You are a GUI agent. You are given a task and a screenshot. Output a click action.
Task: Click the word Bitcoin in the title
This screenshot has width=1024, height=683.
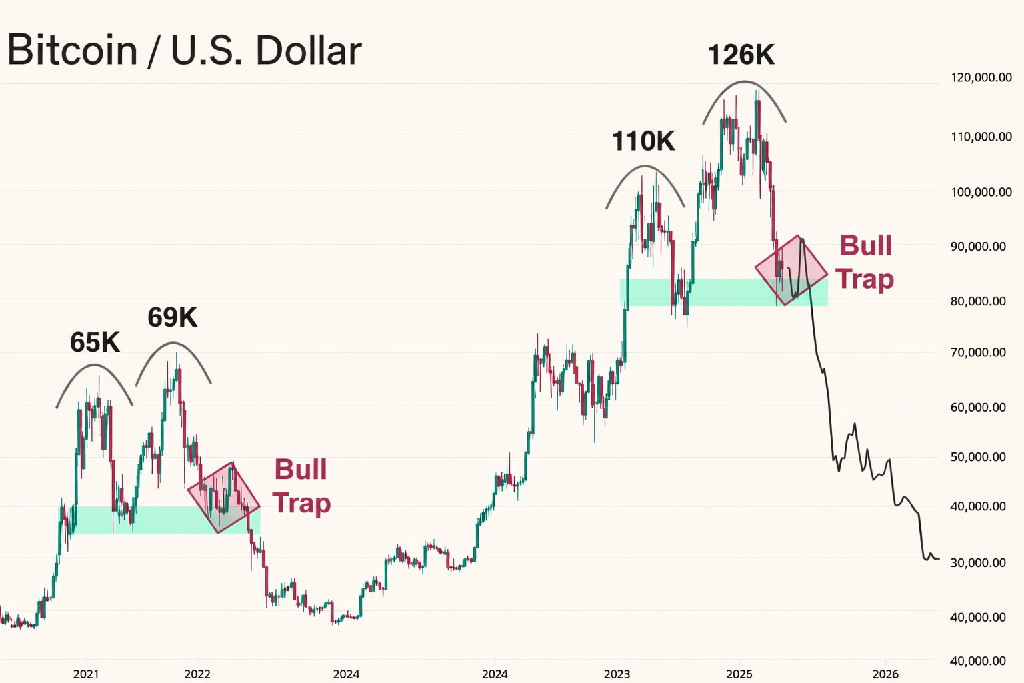(x=72, y=50)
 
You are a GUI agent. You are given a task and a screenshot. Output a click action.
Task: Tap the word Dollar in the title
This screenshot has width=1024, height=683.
(x=309, y=50)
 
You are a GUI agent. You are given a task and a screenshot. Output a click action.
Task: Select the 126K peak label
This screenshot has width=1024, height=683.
(x=741, y=55)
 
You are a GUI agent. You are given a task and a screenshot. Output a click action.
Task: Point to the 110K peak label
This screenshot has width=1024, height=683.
(x=643, y=141)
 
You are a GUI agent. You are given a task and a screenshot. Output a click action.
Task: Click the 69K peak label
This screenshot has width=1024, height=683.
(x=173, y=317)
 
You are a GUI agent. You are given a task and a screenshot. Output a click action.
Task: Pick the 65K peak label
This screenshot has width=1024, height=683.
(x=95, y=342)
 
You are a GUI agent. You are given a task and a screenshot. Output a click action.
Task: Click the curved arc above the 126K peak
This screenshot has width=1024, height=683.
(x=745, y=82)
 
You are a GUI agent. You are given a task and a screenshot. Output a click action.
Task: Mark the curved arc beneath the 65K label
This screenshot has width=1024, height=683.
(x=94, y=366)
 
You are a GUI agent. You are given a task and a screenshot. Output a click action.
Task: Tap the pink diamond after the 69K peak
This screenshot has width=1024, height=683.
(x=223, y=497)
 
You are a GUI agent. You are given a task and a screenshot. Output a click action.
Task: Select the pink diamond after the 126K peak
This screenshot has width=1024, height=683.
(x=791, y=270)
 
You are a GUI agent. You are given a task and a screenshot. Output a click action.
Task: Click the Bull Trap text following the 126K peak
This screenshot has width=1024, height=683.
(x=865, y=262)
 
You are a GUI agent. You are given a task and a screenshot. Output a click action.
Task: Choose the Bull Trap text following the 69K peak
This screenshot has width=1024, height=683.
(x=301, y=486)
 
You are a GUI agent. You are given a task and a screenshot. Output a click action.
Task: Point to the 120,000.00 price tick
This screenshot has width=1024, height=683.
(x=981, y=77)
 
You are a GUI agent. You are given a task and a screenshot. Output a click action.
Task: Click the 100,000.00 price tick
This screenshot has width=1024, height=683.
(x=981, y=192)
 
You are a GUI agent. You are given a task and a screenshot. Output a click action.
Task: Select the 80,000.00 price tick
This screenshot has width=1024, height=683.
(x=979, y=301)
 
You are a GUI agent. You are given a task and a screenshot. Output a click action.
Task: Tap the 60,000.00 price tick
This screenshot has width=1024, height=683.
(x=979, y=407)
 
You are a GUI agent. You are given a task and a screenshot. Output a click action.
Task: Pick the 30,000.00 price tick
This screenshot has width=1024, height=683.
(x=979, y=562)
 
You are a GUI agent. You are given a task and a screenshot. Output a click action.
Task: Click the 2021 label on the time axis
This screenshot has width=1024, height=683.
(x=86, y=674)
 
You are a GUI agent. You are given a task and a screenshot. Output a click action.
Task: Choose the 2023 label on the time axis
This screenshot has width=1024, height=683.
(x=617, y=674)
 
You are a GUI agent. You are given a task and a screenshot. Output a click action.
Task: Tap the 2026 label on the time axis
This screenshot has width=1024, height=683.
(x=885, y=674)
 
